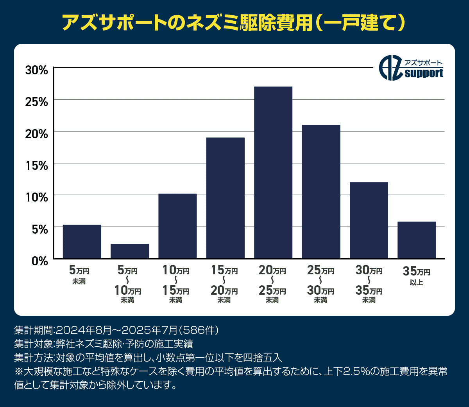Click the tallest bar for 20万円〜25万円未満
point(273,172)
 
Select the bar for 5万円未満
point(82,241)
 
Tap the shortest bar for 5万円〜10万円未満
point(130,251)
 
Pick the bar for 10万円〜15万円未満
point(177,226)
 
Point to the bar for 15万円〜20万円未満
point(226,198)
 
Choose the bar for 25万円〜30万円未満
point(321,191)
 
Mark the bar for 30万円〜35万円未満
point(369,220)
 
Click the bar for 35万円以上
point(417,240)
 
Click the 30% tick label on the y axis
point(36,70)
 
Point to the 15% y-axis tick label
point(36,166)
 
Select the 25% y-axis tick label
point(36,102)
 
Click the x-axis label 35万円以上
point(417,276)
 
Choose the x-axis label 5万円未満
point(79,275)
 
